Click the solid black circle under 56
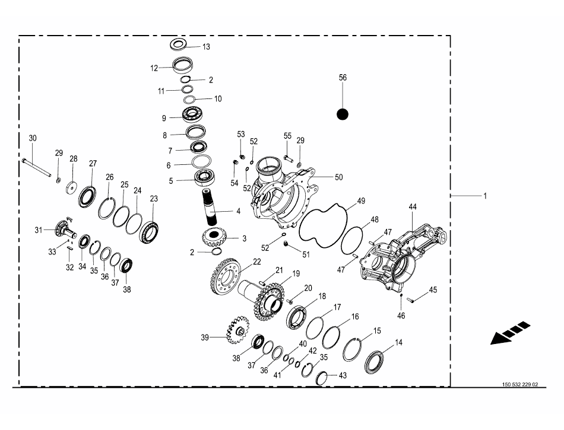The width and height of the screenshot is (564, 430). tap(343, 114)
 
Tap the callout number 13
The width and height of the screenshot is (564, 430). tap(206, 47)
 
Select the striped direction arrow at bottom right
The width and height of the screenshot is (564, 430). tap(510, 333)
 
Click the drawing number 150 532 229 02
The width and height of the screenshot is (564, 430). tap(520, 384)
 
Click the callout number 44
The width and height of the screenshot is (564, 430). tap(413, 207)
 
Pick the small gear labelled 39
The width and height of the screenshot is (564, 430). tap(237, 330)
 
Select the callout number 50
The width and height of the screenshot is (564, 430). tap(339, 177)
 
